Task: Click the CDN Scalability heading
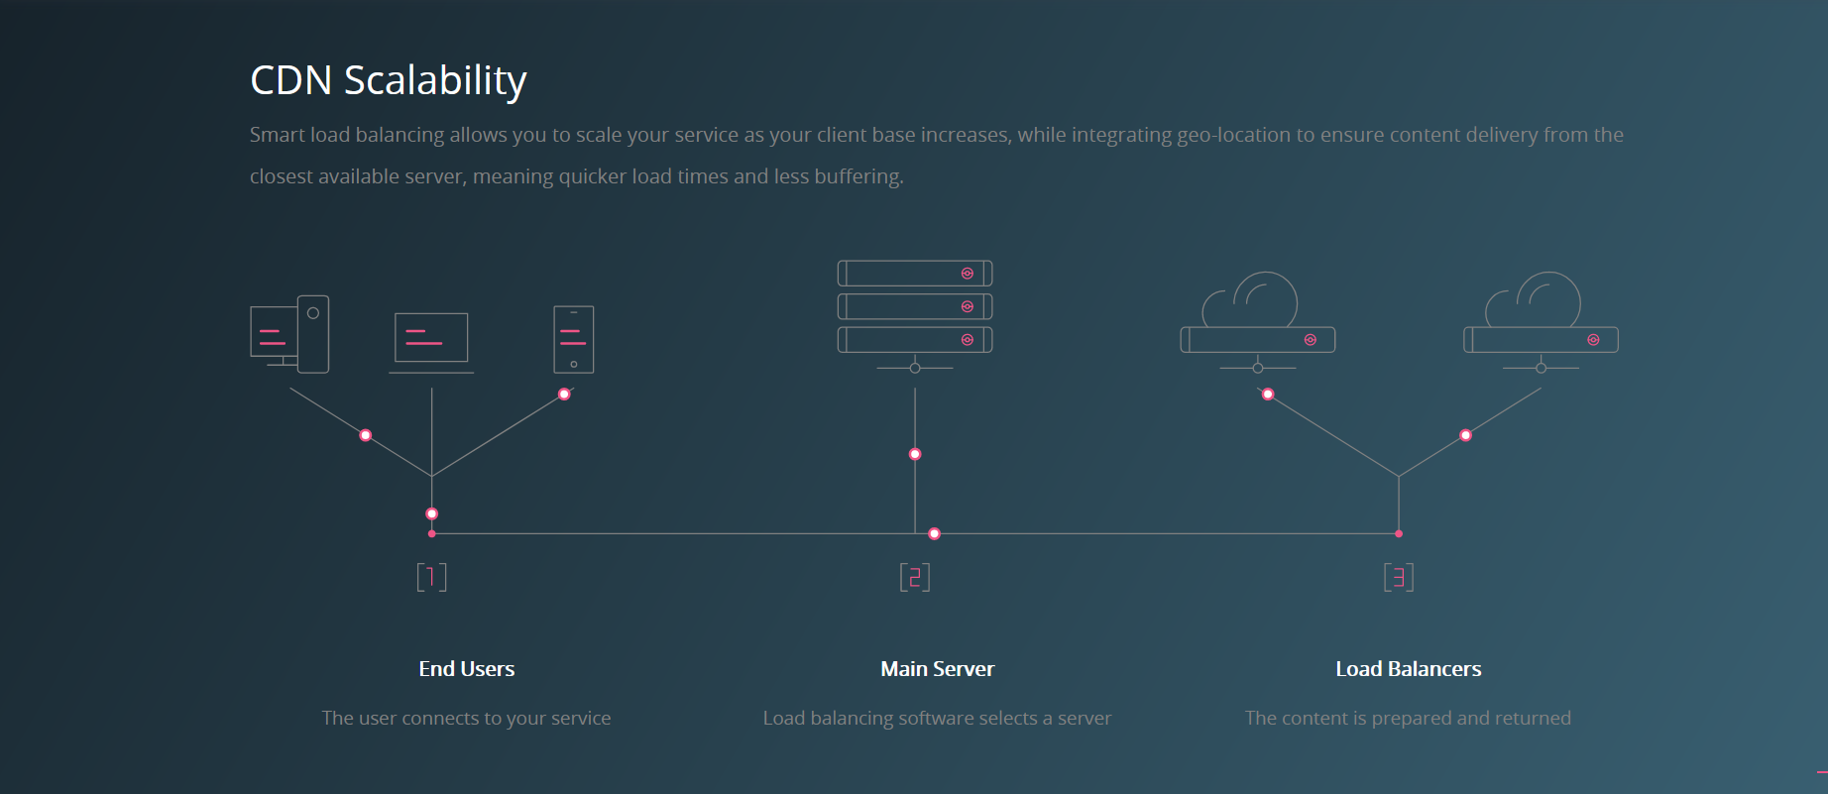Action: tap(388, 81)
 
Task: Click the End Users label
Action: tap(467, 669)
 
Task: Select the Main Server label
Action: tap(937, 669)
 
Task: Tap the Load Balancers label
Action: tap(1409, 669)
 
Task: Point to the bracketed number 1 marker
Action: tap(431, 577)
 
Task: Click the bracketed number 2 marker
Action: tap(915, 577)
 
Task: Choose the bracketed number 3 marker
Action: tap(1399, 577)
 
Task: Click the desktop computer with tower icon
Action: tap(289, 334)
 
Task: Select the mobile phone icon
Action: tap(574, 339)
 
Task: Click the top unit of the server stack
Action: tap(915, 274)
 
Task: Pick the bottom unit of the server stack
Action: tap(915, 340)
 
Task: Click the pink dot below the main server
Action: tap(915, 454)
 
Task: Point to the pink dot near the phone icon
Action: tap(564, 395)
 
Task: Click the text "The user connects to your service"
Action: tap(466, 719)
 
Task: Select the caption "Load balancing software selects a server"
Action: tap(937, 719)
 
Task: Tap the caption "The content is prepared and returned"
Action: tap(1408, 719)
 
